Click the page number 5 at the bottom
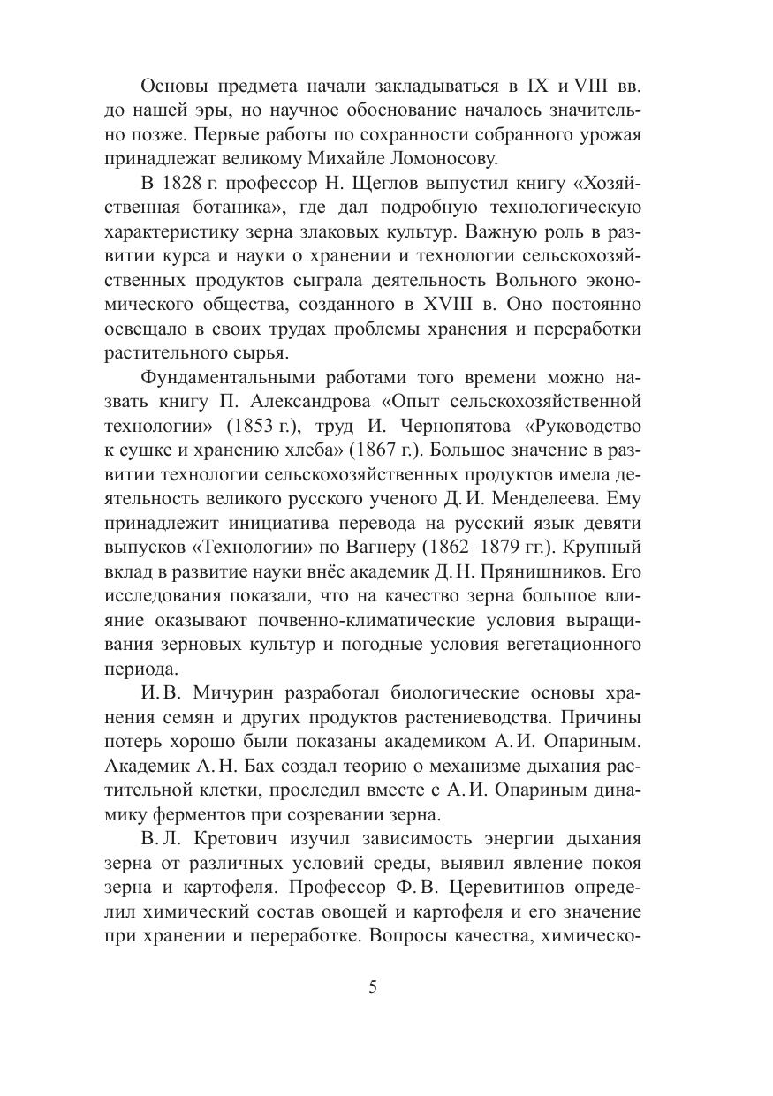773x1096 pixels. pos(373,986)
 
